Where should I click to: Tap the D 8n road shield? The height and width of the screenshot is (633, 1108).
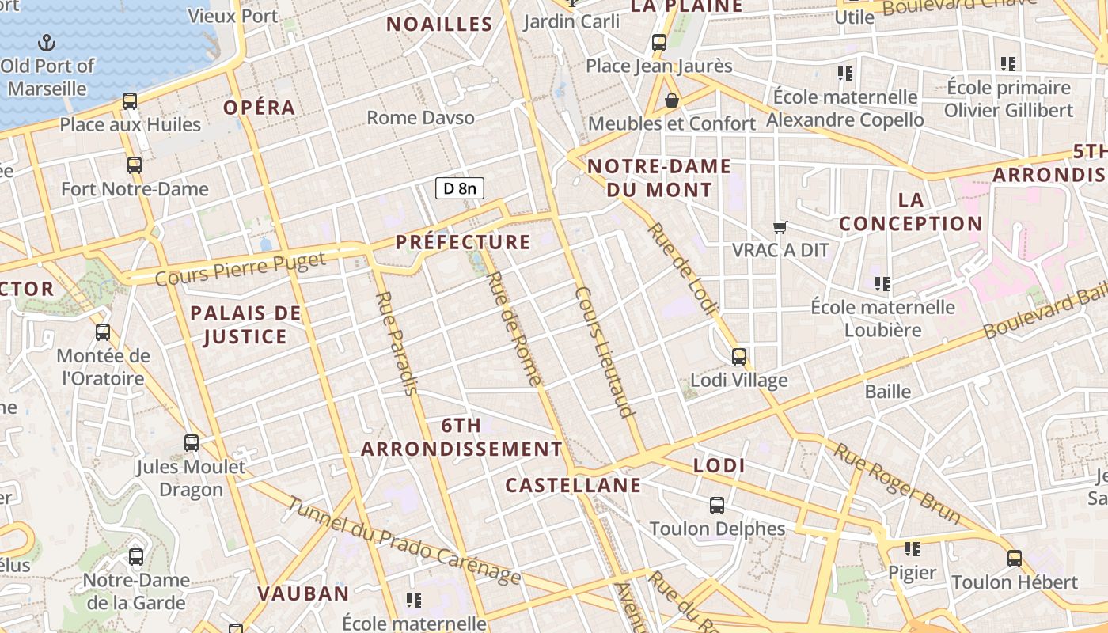coord(460,188)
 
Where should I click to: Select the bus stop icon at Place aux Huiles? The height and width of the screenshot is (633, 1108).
coord(130,101)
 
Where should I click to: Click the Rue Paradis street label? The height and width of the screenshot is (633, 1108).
coord(395,343)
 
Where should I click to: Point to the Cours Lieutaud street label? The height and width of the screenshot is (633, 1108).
coord(605,351)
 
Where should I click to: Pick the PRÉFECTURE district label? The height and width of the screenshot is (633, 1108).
coord(463,242)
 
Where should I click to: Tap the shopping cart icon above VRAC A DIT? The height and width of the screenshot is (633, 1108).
coord(780,228)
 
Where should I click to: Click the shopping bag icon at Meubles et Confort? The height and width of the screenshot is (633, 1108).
coord(672,100)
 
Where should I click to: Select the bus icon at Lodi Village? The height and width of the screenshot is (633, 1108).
coord(739,357)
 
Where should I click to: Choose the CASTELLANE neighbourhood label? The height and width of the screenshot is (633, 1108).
coord(573,485)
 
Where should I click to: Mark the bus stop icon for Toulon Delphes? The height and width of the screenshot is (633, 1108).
coord(717,506)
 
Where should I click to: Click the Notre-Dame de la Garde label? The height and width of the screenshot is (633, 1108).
coord(136,591)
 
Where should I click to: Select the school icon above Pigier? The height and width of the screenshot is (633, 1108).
coord(913,548)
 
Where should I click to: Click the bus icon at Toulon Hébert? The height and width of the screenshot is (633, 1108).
coord(1015,559)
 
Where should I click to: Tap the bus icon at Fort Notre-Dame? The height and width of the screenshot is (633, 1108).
coord(135,165)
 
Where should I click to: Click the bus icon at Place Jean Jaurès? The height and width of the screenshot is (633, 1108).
coord(659,43)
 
